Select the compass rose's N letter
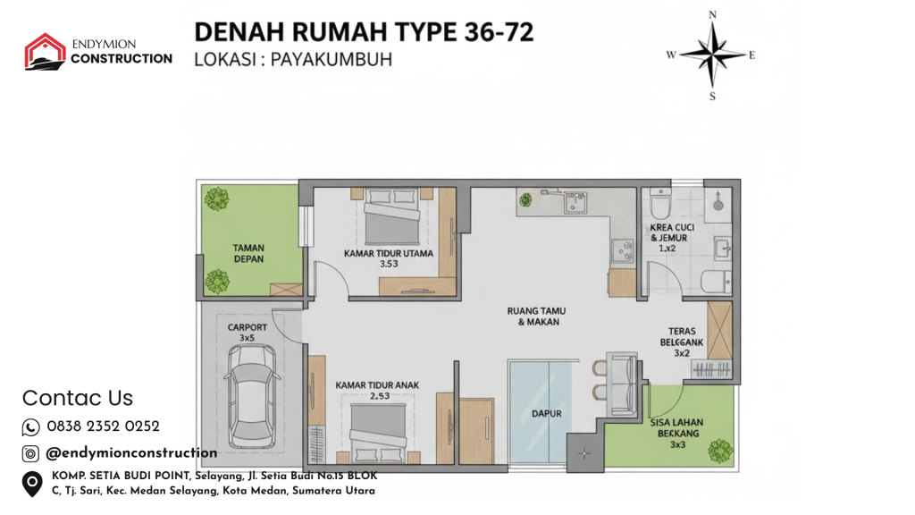click(x=712, y=14)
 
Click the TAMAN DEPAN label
click(x=248, y=253)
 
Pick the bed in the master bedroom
click(x=391, y=216)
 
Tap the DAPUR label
click(x=546, y=413)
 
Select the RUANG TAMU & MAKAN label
click(x=536, y=317)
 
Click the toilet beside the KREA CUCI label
click(x=661, y=202)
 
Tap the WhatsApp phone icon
click(x=31, y=427)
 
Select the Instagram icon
click(x=30, y=453)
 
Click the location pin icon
click(x=32, y=484)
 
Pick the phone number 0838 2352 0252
click(x=104, y=426)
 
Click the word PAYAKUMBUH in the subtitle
click(x=332, y=60)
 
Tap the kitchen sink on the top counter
click(x=575, y=202)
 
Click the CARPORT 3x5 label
click(x=248, y=333)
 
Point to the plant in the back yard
click(x=720, y=452)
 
